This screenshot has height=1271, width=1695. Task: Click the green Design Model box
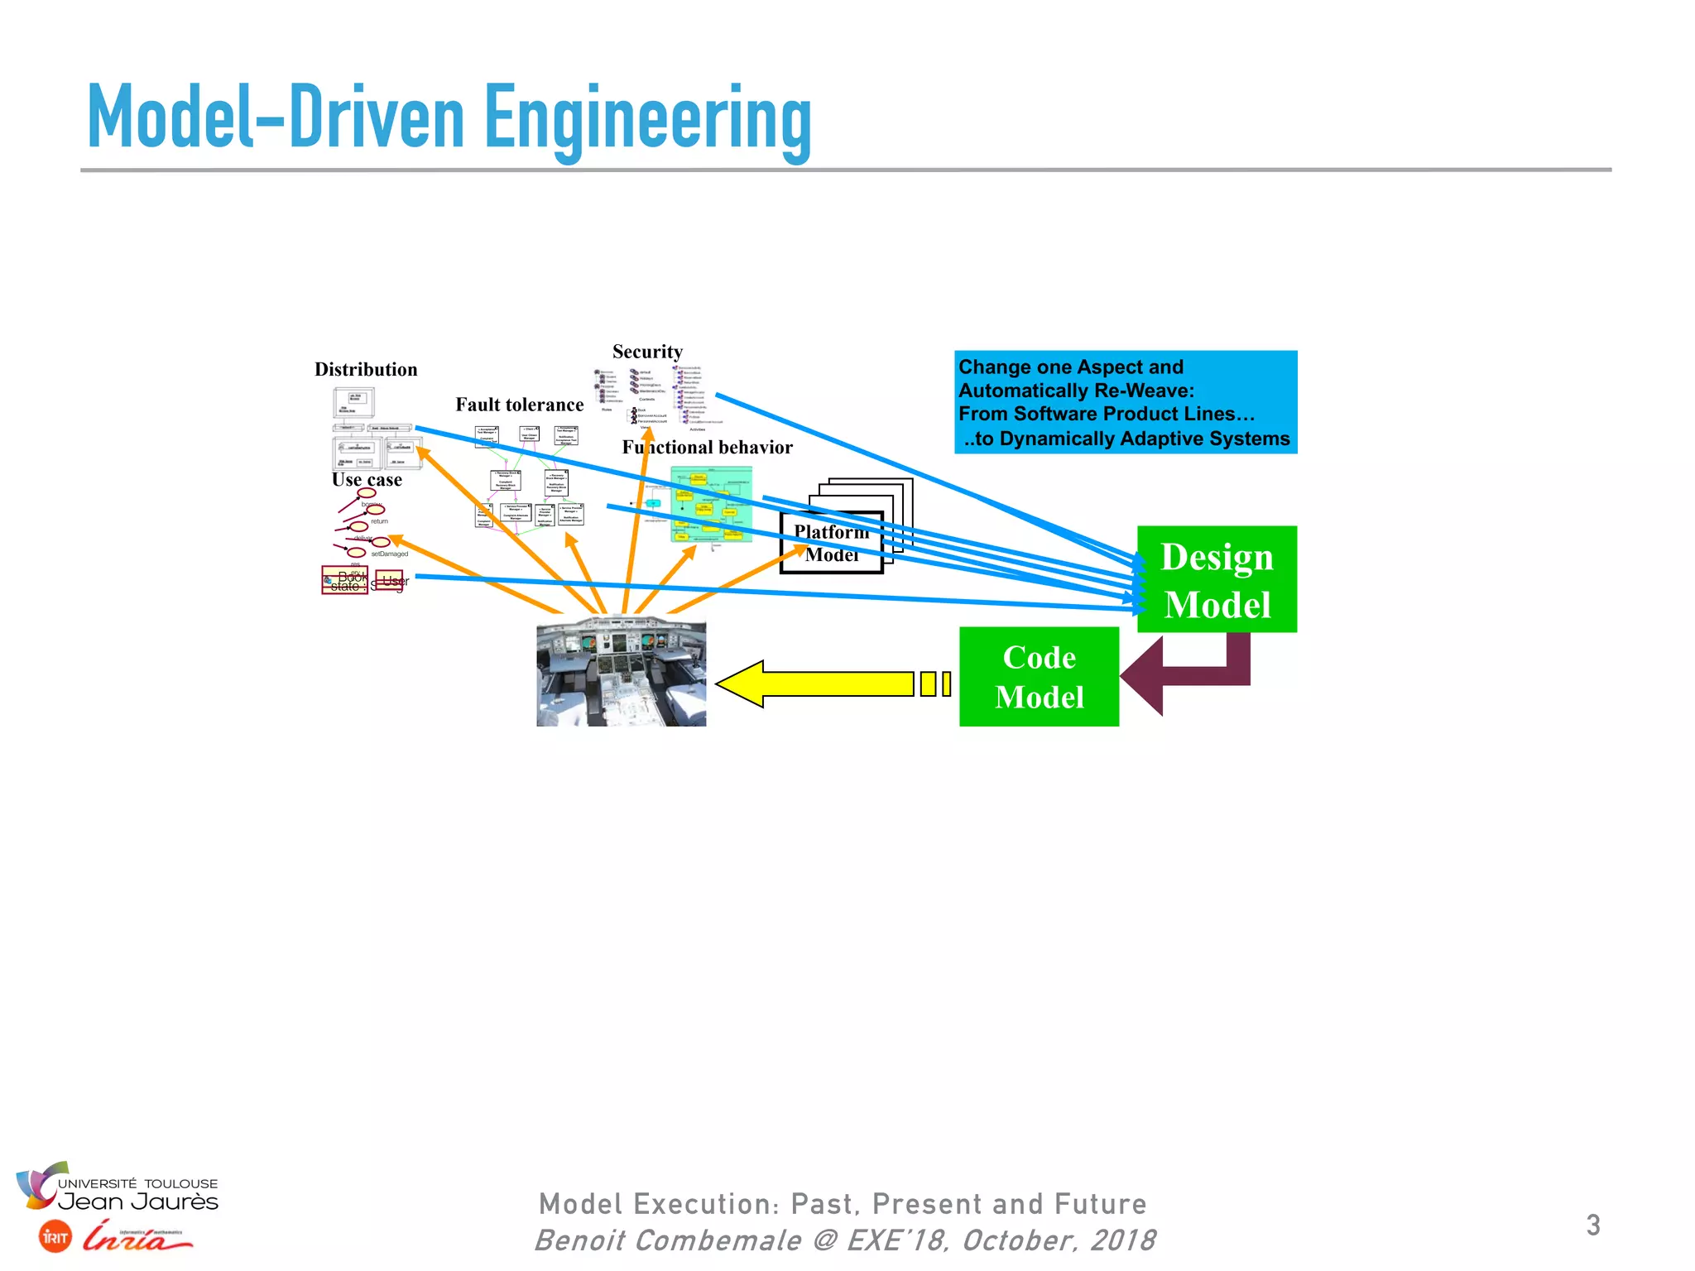(x=1217, y=579)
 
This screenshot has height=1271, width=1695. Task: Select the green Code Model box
(x=1039, y=677)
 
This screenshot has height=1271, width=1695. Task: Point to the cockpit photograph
(x=622, y=672)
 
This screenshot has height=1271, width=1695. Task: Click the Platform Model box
(x=832, y=543)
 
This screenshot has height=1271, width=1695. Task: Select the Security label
(x=647, y=352)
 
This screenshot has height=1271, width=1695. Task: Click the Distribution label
(x=366, y=369)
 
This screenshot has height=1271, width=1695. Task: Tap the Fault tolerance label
(x=519, y=405)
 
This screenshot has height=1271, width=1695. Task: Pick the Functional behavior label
(x=708, y=448)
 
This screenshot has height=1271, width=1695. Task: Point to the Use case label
(x=367, y=480)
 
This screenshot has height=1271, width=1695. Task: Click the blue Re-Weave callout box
(x=1126, y=402)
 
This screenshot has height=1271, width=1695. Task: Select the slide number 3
(x=1593, y=1225)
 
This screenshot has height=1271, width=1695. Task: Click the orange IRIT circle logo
(x=55, y=1237)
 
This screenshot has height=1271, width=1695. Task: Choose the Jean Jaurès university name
(x=138, y=1201)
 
